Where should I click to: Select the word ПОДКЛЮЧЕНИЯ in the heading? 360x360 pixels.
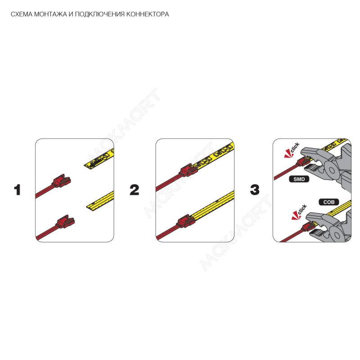100,14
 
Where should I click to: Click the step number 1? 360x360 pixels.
18,190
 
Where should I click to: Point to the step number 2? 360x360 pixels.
134,190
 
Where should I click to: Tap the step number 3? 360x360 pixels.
255,190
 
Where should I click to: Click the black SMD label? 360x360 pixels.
299,179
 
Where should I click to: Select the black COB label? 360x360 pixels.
329,202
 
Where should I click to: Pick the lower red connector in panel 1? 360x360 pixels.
65,221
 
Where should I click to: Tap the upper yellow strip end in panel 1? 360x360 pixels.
99,159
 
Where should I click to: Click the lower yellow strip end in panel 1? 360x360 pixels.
100,201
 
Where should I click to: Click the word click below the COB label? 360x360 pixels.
302,209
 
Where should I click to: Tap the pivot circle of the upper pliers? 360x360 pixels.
332,170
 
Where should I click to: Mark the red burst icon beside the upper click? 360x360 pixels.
288,154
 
